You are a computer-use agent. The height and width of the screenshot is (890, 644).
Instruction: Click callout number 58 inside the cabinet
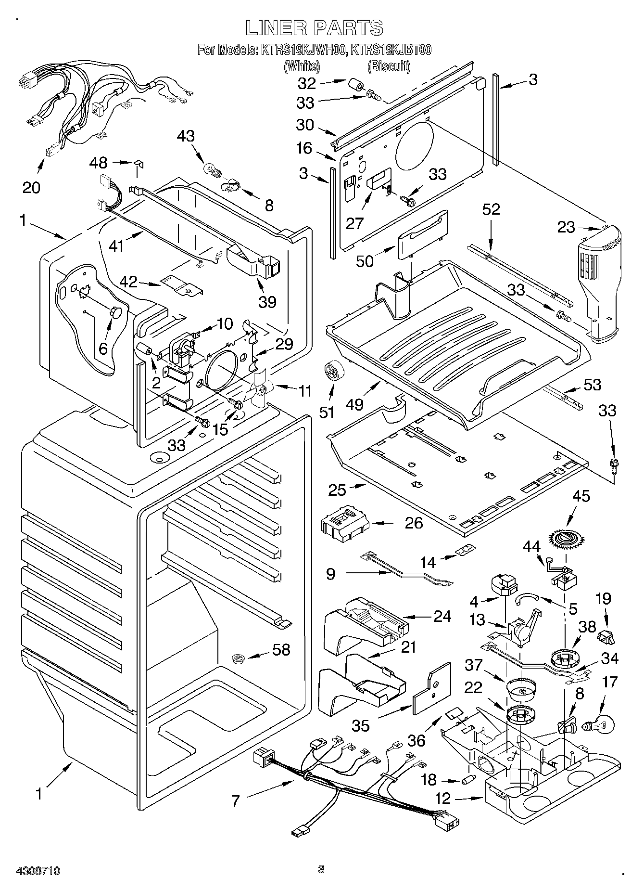coord(281,649)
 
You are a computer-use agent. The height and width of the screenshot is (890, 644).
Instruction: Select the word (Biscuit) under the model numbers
coord(389,66)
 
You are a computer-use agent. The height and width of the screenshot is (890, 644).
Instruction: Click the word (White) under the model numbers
coord(302,66)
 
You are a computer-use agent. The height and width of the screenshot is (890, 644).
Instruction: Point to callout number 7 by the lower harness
coord(235,800)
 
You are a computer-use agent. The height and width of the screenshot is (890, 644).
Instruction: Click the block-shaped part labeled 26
coord(343,523)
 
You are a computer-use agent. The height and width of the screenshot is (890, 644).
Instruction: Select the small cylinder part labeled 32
coord(356,86)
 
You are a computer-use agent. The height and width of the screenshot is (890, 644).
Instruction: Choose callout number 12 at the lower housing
coord(443,798)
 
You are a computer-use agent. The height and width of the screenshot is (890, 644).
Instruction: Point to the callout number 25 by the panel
coord(337,490)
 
